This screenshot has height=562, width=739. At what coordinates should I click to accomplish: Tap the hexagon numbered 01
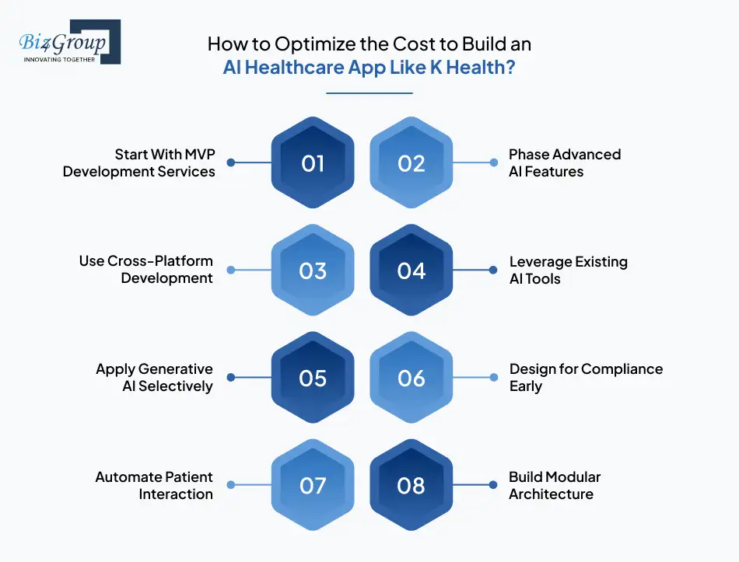coord(312,163)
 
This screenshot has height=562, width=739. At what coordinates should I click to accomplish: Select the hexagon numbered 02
coord(411,163)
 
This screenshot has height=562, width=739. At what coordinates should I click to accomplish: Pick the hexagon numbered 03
coord(312,271)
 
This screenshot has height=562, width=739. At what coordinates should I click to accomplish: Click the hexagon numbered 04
coord(411,271)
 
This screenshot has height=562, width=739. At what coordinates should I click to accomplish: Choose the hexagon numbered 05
coord(312,378)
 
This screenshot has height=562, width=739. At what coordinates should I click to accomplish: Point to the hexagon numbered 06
coord(411,378)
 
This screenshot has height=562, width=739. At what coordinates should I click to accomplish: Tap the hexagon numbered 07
coord(312,485)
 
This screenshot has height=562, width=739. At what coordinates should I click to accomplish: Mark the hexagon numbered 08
coord(411,485)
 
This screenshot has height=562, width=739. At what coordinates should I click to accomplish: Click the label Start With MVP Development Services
coord(139,162)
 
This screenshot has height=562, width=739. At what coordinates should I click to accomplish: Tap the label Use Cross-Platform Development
coord(146,270)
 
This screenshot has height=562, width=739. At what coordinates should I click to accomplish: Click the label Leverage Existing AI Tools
coord(568,270)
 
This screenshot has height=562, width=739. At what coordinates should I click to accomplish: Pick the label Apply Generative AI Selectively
coord(154,377)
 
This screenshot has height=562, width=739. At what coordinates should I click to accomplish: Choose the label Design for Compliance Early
coord(586,377)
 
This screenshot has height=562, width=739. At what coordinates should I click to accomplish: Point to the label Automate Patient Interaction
coord(154,485)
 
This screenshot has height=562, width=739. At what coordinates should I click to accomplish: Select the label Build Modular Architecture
coord(555,485)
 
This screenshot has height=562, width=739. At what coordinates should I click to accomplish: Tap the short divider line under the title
coord(369,93)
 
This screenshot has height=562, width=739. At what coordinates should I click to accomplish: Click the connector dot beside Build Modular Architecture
coord(493,485)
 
